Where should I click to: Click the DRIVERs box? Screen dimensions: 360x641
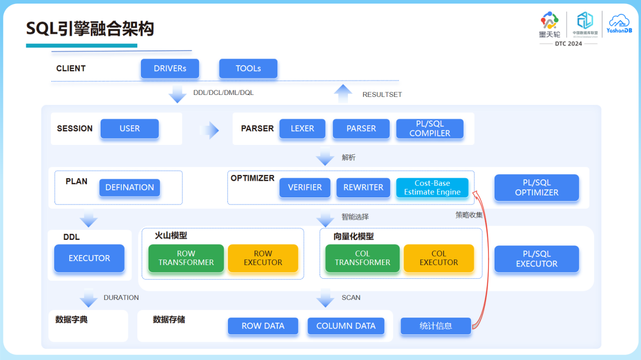pyautogui.click(x=170, y=69)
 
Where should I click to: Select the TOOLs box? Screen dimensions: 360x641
pyautogui.click(x=248, y=69)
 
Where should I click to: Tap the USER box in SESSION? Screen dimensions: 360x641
pyautogui.click(x=129, y=129)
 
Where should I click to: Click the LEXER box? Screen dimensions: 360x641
pyautogui.click(x=302, y=129)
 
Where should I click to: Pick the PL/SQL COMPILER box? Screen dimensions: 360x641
pyautogui.click(x=429, y=129)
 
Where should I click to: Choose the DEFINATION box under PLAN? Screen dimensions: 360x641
pyautogui.click(x=129, y=187)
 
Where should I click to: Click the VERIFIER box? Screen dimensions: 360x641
pyautogui.click(x=305, y=187)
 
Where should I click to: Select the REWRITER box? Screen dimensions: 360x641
pyautogui.click(x=363, y=187)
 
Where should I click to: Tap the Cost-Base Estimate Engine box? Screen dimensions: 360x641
pyautogui.click(x=432, y=187)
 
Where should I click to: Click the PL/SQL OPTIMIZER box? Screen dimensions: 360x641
pyautogui.click(x=536, y=188)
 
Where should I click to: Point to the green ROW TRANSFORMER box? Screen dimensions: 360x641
pyautogui.click(x=186, y=258)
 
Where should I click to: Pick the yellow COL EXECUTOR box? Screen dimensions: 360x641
pyautogui.click(x=438, y=258)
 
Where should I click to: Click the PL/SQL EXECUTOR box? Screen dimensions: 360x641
pyautogui.click(x=536, y=259)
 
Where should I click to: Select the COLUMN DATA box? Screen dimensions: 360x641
pyautogui.click(x=346, y=326)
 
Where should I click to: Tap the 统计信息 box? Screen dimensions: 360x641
pyautogui.click(x=435, y=326)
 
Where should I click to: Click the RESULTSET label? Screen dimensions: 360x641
pyautogui.click(x=382, y=95)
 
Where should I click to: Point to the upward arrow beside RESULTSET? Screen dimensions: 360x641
pyautogui.click(x=343, y=94)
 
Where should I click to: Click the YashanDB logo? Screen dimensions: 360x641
pyautogui.click(x=618, y=24)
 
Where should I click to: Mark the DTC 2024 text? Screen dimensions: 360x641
pyautogui.click(x=568, y=44)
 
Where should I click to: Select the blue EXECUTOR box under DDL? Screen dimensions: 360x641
pyautogui.click(x=89, y=259)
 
